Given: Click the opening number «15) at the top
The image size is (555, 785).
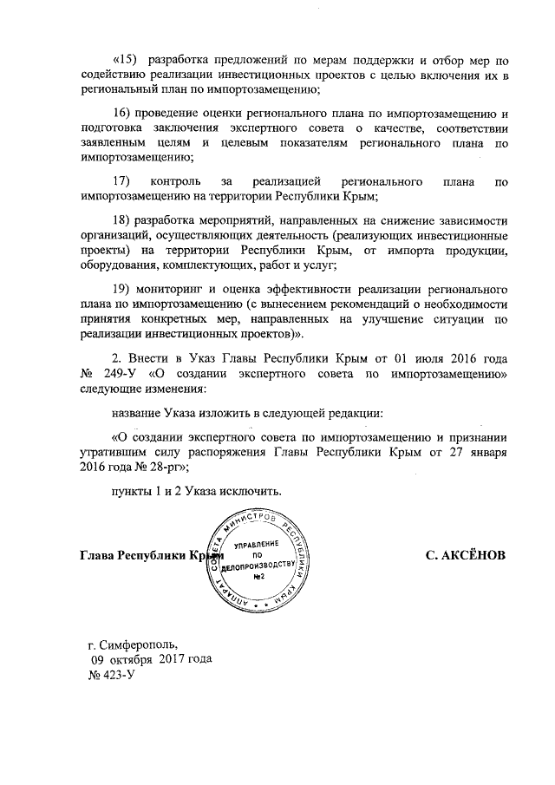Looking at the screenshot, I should point(127,60).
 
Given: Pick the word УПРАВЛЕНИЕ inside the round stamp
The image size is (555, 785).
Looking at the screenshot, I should point(258,542).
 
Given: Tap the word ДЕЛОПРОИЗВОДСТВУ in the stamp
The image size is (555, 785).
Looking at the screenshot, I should point(258,566).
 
